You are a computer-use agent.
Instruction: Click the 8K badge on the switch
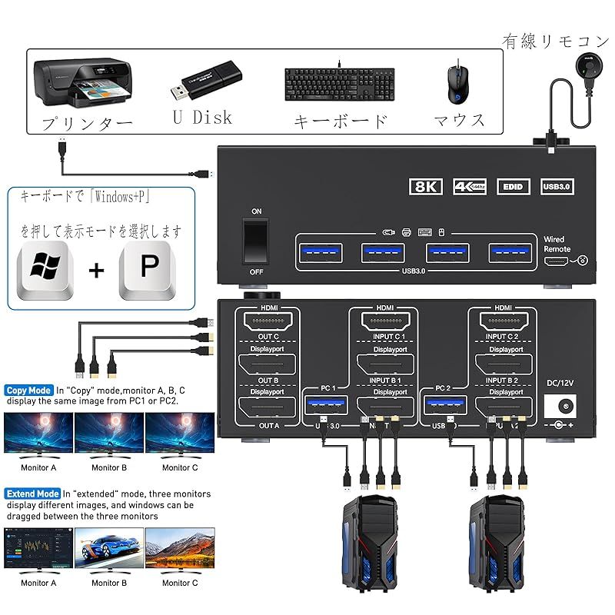click(425, 186)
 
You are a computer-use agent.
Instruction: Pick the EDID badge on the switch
click(514, 186)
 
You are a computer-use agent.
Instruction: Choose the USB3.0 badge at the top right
click(558, 186)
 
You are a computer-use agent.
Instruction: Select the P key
click(148, 270)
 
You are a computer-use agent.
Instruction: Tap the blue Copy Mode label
click(28, 391)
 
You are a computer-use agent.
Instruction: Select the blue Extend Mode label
click(32, 494)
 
